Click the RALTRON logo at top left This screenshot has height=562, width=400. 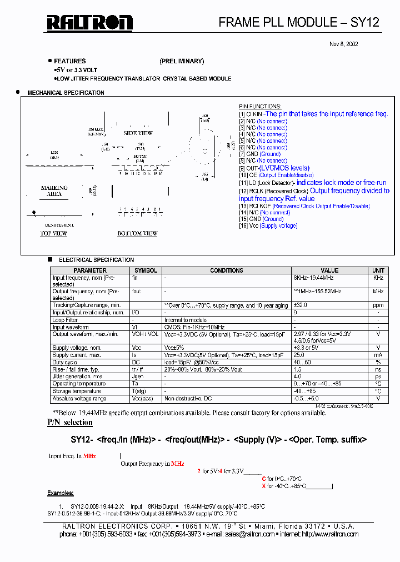[x=89, y=22]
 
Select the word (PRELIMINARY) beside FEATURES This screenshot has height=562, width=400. [x=182, y=61]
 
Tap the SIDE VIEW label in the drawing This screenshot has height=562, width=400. [x=138, y=133]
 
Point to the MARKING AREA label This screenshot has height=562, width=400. [x=54, y=191]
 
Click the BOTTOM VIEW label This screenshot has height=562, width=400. [x=137, y=234]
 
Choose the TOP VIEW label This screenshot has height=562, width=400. [x=53, y=234]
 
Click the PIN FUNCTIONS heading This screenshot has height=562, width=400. [x=260, y=107]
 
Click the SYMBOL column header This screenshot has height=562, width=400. [x=146, y=270]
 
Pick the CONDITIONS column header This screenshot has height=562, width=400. [x=226, y=270]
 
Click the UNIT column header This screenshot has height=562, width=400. [x=378, y=270]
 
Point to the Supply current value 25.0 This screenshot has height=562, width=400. [x=299, y=355]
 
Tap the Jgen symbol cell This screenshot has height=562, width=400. [x=137, y=377]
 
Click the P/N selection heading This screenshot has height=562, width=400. [x=70, y=423]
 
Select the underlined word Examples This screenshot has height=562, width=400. [x=60, y=493]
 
